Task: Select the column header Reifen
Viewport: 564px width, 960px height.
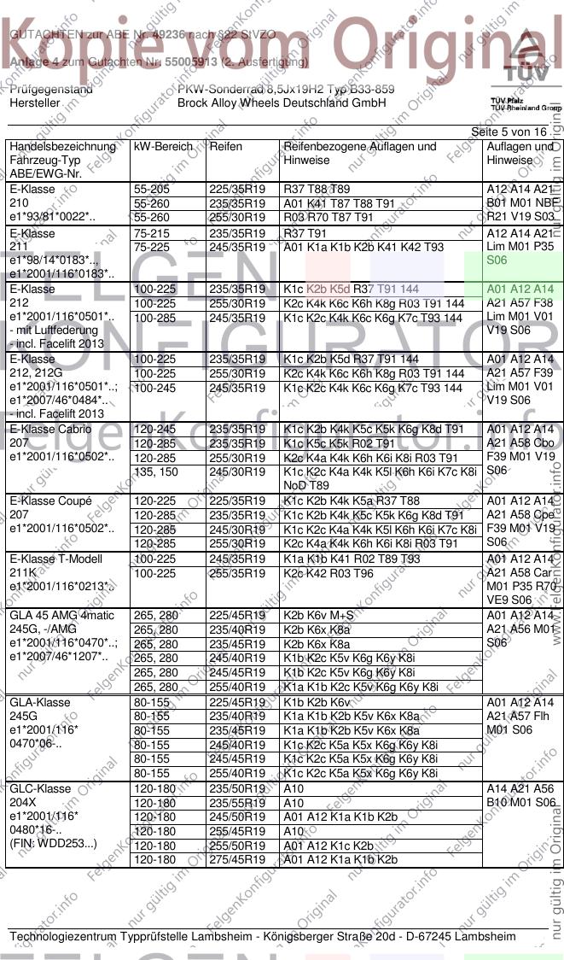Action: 225,147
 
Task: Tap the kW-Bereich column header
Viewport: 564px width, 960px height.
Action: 163,147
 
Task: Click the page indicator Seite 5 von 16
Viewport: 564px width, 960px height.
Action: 509,132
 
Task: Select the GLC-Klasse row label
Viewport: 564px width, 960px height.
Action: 40,788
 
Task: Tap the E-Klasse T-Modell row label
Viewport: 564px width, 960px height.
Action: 53,559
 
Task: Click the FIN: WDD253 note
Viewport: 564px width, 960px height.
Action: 54,843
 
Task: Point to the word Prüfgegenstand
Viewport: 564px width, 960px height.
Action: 51,89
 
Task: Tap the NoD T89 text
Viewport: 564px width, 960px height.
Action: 305,485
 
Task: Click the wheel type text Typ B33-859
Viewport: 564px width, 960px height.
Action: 354,89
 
